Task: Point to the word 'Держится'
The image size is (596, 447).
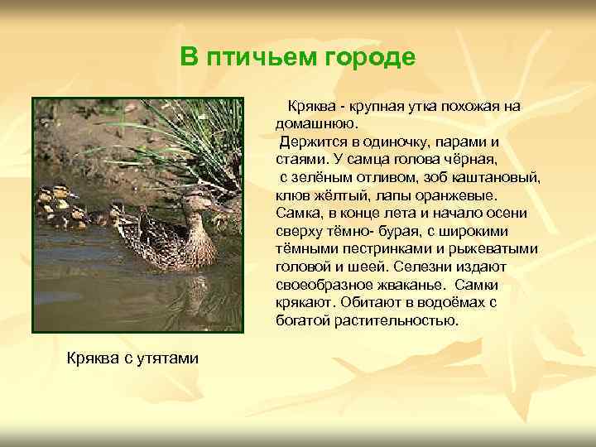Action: (310, 142)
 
